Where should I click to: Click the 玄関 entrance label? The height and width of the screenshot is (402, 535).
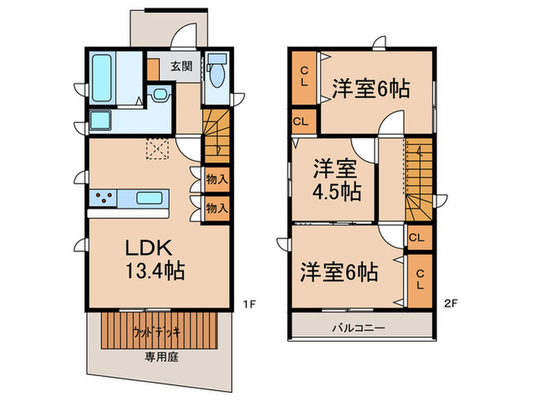(181, 66)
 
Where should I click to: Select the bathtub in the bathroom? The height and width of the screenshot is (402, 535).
(102, 78)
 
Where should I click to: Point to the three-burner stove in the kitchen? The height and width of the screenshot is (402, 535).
(103, 198)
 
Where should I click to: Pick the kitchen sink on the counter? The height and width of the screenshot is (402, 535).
(149, 198)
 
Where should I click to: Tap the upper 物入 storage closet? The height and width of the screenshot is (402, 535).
(216, 179)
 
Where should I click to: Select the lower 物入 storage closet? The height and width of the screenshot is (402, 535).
(216, 208)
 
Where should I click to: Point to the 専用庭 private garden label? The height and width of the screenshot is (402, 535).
(161, 358)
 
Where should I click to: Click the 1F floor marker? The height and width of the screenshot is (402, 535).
(249, 303)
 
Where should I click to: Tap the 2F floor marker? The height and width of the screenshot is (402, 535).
(450, 303)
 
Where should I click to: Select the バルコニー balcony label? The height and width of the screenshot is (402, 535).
(358, 328)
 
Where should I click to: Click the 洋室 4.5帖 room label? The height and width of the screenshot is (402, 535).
(336, 180)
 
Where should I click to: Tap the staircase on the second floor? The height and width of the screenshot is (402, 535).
(419, 179)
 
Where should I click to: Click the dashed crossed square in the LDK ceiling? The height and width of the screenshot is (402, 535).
(157, 149)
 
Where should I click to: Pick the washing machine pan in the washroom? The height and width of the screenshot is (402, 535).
(100, 120)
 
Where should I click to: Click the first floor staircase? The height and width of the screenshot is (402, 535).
(216, 137)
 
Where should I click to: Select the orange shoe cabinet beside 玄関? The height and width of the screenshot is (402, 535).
(153, 70)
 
